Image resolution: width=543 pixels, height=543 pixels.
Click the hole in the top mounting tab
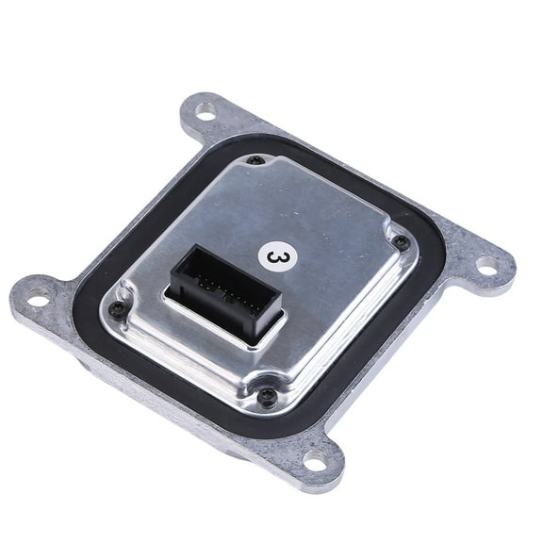[x=206, y=111]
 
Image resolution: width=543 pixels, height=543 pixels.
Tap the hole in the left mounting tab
[x=39, y=296]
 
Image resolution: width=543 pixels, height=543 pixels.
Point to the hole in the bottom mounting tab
[x=316, y=461]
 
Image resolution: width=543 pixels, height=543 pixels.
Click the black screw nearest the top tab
[x=255, y=160]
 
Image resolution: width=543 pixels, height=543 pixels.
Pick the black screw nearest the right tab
[x=401, y=240]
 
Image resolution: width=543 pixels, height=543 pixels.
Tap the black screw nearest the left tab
[x=116, y=307]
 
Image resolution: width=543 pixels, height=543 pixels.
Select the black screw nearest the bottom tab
[x=266, y=394]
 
